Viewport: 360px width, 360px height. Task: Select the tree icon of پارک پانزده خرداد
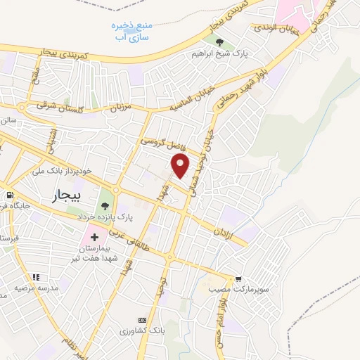(105, 206)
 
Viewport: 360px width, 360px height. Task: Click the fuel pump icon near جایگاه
(9, 195)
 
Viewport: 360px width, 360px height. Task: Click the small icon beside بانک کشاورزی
(142, 320)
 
